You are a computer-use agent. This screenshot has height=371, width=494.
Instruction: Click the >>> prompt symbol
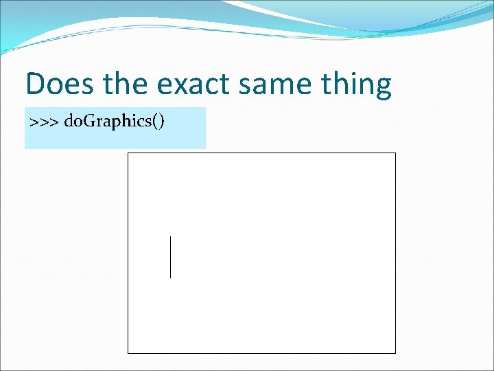43,122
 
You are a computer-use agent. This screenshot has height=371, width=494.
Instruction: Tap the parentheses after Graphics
158,123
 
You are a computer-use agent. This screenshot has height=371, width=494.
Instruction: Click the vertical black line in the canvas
170,257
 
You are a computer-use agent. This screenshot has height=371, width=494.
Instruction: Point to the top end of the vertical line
170,236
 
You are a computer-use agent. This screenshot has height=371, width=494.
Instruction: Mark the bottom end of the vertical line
170,278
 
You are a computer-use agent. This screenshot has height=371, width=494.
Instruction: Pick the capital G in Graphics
89,122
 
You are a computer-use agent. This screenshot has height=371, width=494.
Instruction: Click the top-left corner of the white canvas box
128,153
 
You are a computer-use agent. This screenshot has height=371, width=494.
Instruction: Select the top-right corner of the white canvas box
396,153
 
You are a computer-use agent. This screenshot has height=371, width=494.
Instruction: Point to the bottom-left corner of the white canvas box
128,353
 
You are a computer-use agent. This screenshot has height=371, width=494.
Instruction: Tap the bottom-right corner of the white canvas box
396,353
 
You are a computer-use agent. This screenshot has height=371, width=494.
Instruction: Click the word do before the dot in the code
71,122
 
